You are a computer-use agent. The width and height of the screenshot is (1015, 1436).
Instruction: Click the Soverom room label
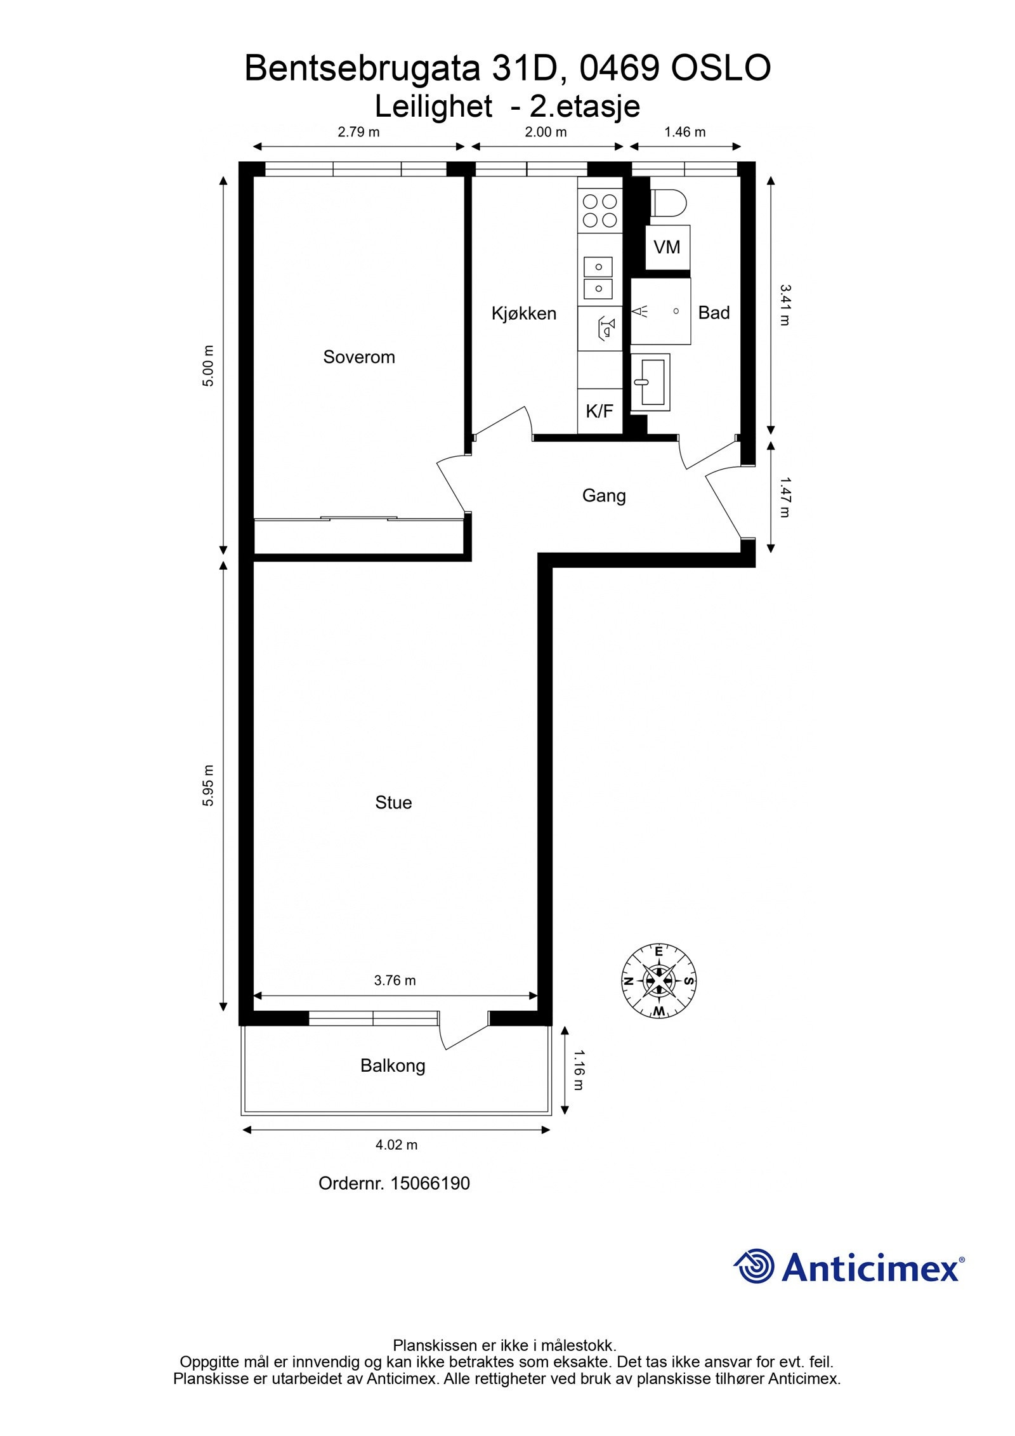(x=358, y=357)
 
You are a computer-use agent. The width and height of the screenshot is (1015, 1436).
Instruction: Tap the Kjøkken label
(x=523, y=313)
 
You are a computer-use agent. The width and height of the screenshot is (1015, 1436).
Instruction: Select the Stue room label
(x=393, y=803)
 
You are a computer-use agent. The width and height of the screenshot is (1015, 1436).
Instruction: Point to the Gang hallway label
(x=603, y=495)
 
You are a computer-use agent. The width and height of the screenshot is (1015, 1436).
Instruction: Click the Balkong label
(x=393, y=1065)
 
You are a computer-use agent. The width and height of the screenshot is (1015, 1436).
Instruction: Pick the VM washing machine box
(x=667, y=247)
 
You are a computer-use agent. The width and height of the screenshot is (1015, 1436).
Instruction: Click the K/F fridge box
(x=599, y=411)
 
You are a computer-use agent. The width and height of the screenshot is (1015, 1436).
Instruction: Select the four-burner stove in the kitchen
(x=599, y=211)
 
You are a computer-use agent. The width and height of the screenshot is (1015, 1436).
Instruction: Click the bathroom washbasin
(x=650, y=382)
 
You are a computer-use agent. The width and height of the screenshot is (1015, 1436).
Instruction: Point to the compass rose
(x=658, y=980)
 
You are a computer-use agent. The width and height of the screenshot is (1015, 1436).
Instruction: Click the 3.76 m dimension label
(x=395, y=980)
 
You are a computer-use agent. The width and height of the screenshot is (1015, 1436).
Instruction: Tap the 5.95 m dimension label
(x=208, y=786)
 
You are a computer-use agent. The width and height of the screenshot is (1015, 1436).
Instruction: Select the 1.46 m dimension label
(x=684, y=132)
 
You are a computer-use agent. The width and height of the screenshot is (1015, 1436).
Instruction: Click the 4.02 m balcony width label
(x=396, y=1145)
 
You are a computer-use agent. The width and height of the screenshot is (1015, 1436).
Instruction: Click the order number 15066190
(x=429, y=1183)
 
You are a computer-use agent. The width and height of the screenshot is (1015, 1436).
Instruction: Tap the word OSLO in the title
(x=721, y=69)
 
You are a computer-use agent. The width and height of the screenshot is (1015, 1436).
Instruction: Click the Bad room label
(x=714, y=312)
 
